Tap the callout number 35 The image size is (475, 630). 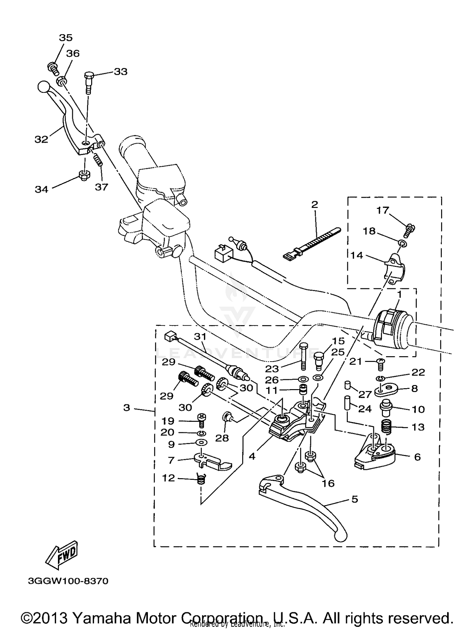[66, 38]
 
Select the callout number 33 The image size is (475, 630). [120, 72]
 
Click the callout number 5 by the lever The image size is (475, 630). [354, 499]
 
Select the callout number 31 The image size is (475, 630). [200, 337]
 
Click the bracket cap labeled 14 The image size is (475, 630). [396, 267]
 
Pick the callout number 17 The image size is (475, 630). [383, 210]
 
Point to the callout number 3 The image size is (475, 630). [127, 408]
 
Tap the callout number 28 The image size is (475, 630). [222, 438]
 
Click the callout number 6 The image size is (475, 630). [417, 457]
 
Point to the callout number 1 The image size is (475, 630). [399, 295]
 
